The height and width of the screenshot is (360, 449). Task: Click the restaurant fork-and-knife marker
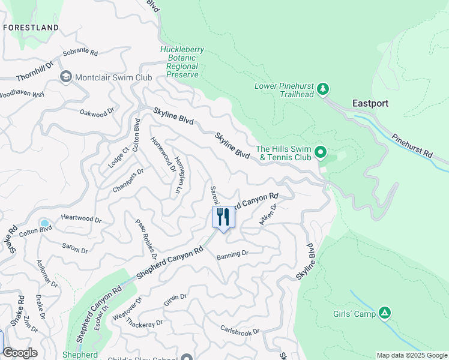tap(223, 217)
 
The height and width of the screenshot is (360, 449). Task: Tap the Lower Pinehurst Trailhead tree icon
tap(324, 89)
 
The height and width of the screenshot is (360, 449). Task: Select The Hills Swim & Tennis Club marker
tap(321, 152)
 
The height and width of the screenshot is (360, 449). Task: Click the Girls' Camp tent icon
tap(385, 313)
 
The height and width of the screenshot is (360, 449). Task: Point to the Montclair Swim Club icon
tap(65, 77)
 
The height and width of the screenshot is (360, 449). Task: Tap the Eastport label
tap(370, 103)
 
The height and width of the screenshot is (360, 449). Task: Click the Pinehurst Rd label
tap(412, 146)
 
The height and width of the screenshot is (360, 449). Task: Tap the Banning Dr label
tap(232, 254)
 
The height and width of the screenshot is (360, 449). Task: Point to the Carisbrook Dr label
tap(240, 331)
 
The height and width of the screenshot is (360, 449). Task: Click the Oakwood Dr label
tap(97, 112)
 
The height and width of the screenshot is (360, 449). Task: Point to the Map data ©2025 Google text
tap(412, 355)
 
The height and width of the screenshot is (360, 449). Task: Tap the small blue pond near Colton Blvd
tap(44, 224)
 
